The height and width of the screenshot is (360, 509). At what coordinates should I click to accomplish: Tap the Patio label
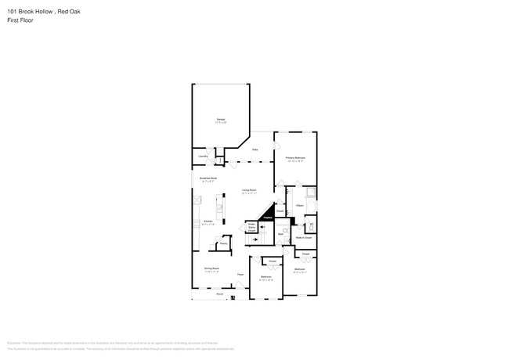255,149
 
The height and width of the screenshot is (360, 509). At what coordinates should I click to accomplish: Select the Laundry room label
202,157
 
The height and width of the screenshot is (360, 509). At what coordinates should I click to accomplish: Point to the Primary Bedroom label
295,158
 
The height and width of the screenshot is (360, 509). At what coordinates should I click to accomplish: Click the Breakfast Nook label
208,179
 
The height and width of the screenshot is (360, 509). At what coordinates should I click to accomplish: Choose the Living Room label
250,190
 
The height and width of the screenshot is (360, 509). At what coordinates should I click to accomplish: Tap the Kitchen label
208,222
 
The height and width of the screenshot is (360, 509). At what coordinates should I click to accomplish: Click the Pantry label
223,243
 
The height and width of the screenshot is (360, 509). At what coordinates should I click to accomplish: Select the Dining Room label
211,268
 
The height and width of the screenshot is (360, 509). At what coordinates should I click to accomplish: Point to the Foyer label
240,274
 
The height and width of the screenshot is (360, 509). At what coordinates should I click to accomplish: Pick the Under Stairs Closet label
252,227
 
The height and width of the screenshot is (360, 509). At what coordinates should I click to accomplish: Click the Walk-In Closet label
303,237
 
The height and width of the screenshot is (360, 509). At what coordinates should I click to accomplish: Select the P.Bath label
300,205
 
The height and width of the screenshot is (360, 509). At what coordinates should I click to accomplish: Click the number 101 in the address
12,12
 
